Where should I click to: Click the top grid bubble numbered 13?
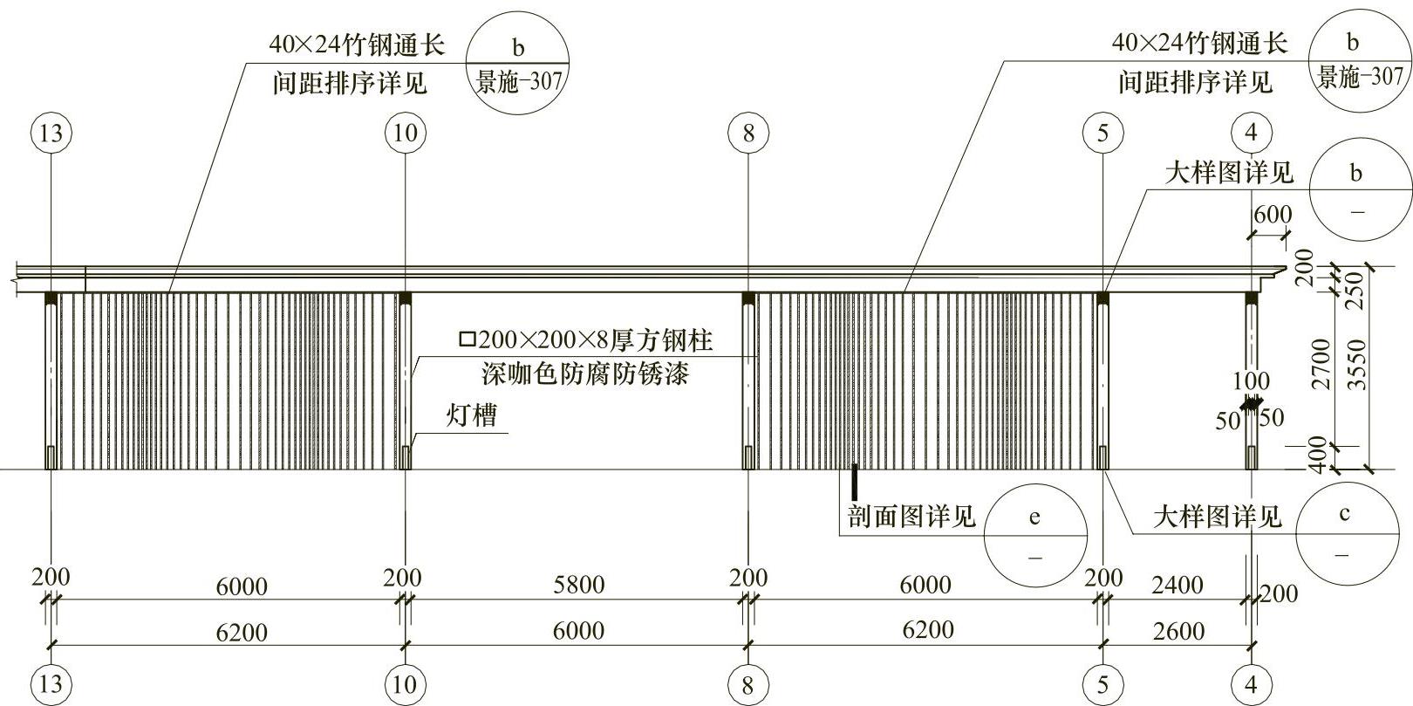(51, 134)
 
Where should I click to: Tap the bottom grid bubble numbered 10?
(406, 684)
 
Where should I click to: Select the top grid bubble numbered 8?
(748, 134)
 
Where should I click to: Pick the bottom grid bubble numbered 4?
(1252, 684)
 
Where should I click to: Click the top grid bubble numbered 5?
(1103, 134)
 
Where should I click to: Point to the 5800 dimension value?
(578, 585)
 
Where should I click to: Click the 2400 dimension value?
(1177, 585)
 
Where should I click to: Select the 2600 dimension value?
(1178, 631)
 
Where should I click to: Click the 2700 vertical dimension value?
(1321, 364)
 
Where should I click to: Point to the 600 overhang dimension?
(1273, 215)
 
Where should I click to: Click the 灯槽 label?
(472, 415)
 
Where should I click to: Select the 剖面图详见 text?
(911, 517)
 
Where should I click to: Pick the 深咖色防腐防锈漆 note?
(585, 374)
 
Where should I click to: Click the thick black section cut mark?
(855, 482)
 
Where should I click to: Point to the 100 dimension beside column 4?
(1251, 381)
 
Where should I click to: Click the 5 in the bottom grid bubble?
(1103, 684)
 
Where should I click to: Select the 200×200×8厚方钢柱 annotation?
(587, 339)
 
